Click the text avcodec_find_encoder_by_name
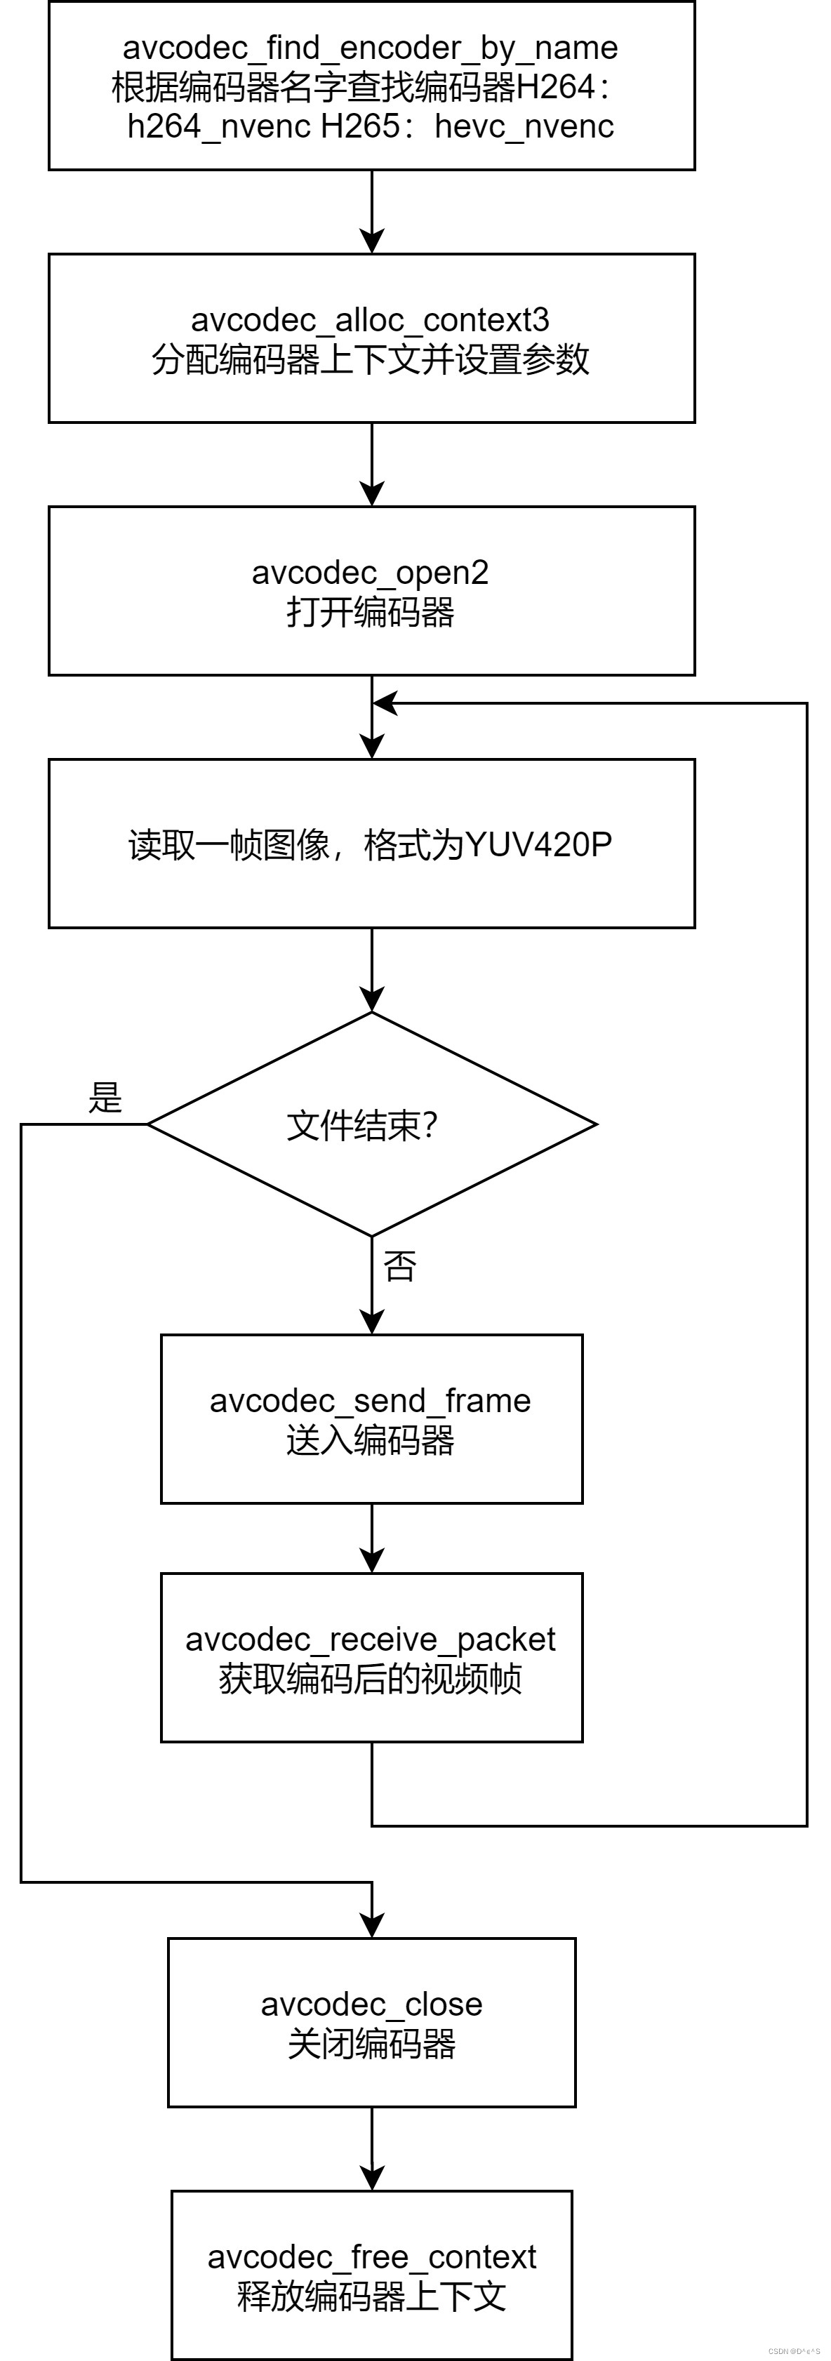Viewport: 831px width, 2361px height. coord(370,48)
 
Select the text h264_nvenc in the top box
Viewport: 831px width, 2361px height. coord(219,126)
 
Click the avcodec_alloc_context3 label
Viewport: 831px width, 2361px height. coord(370,320)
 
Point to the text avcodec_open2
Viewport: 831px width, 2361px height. coord(370,573)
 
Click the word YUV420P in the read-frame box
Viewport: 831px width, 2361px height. coord(538,844)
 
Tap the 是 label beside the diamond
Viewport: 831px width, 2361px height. coord(105,1097)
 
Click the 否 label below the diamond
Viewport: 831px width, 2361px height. coord(399,1267)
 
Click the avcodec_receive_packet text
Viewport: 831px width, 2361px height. coord(370,1640)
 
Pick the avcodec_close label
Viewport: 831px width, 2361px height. coord(371,2004)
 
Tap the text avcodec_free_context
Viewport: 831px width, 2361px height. coord(371,2256)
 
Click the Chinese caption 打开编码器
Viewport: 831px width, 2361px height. coord(370,612)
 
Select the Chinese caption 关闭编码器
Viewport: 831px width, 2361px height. coord(371,2044)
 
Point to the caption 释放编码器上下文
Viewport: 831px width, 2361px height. coord(371,2297)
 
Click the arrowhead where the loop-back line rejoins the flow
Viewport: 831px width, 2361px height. coord(385,704)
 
